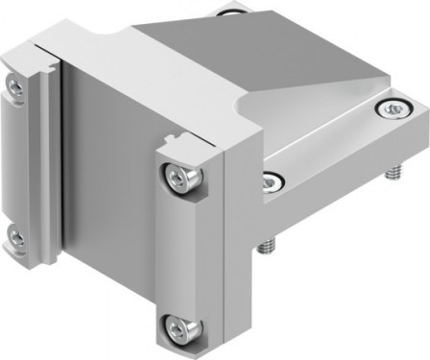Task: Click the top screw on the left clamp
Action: click(15, 86)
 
